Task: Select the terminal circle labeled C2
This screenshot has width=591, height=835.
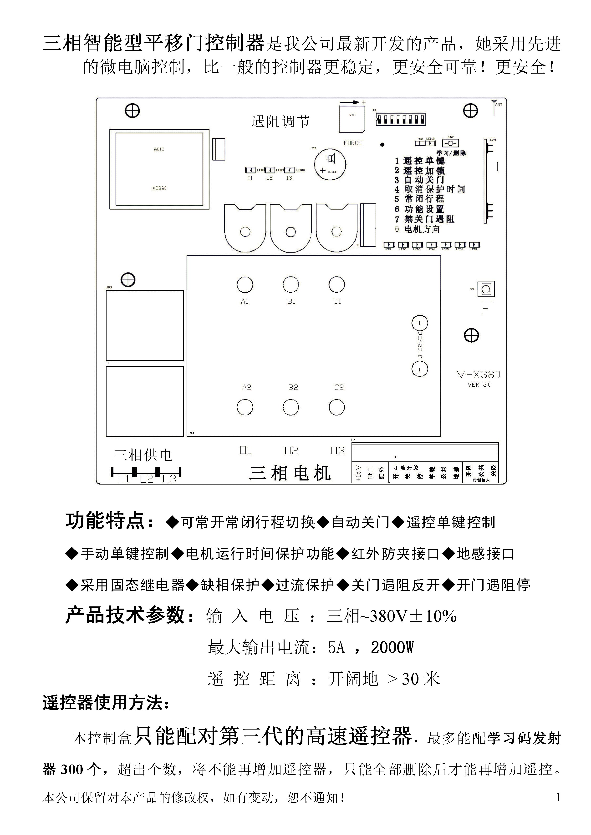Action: coord(337,407)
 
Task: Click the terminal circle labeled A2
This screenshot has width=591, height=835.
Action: coord(245,407)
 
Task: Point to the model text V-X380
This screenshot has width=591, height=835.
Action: coord(479,375)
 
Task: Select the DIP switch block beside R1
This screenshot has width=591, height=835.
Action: coord(400,119)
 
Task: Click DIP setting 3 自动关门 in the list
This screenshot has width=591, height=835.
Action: coord(420,180)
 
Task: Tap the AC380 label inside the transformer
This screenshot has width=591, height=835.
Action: coord(159,188)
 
